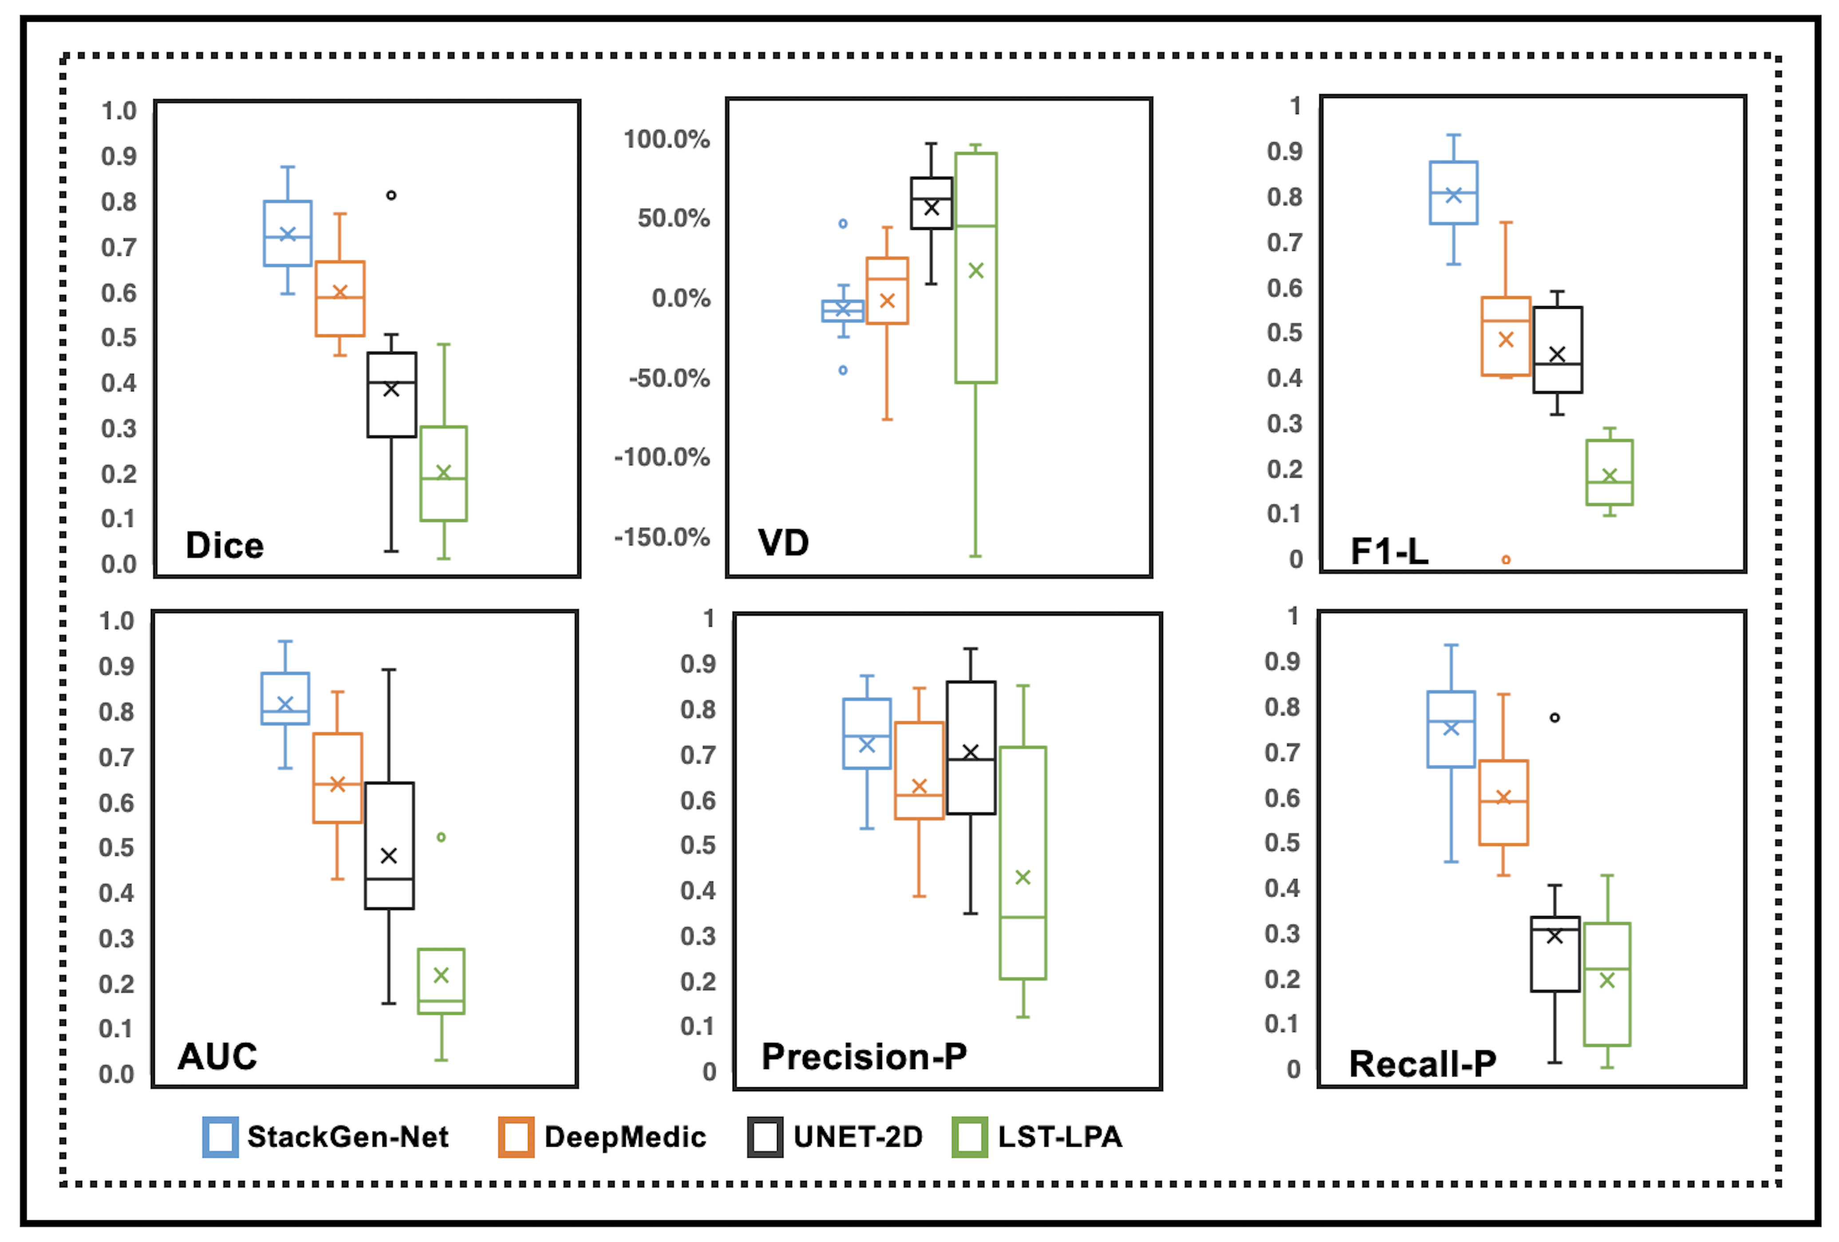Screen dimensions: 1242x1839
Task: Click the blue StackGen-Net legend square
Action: click(x=220, y=1137)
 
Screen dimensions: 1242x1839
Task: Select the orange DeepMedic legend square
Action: click(x=516, y=1137)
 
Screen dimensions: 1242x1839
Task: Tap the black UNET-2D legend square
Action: click(x=765, y=1137)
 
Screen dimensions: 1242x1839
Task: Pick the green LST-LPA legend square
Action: click(x=969, y=1137)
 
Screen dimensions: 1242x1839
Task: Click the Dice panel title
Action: click(x=224, y=545)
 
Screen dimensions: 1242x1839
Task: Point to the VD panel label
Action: click(x=783, y=542)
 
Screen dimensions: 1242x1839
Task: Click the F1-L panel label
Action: click(x=1389, y=551)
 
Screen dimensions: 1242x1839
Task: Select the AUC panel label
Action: click(x=217, y=1056)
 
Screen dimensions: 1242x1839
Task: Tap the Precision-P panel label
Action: click(x=864, y=1056)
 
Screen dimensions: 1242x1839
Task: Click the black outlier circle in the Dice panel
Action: click(x=391, y=195)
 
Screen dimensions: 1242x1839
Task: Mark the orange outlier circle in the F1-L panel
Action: click(x=1506, y=559)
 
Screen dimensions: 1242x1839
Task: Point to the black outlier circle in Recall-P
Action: click(x=1555, y=718)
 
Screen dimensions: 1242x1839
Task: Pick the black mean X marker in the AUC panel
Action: click(x=389, y=855)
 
